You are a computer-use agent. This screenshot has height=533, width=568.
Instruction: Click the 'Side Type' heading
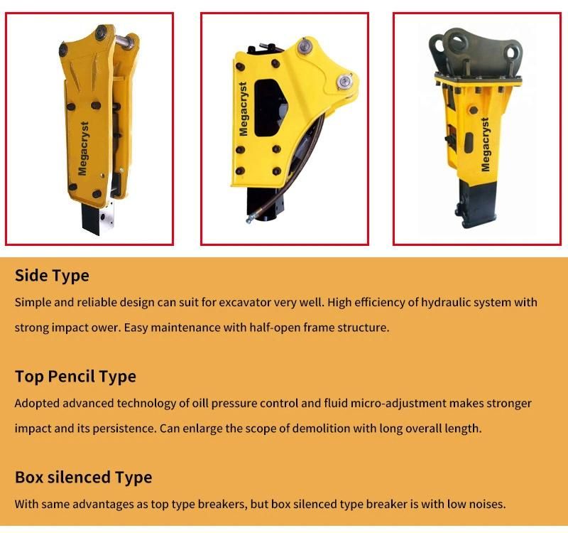click(x=52, y=276)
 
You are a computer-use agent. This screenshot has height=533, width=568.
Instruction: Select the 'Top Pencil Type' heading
click(x=75, y=377)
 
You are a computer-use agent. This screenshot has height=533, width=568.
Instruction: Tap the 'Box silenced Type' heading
click(x=83, y=477)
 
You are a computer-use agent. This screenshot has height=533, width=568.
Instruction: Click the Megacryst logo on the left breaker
click(x=83, y=149)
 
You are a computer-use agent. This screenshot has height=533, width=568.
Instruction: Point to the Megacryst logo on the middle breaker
click(x=244, y=109)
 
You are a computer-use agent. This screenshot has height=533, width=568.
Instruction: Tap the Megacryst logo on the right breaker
click(x=485, y=144)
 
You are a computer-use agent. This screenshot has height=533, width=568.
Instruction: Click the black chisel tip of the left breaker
click(x=90, y=219)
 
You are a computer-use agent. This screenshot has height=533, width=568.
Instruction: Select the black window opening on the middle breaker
click(x=271, y=108)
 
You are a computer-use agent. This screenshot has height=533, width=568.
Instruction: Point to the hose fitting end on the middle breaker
click(x=250, y=219)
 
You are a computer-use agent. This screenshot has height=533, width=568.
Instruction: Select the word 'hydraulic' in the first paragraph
click(x=446, y=303)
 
